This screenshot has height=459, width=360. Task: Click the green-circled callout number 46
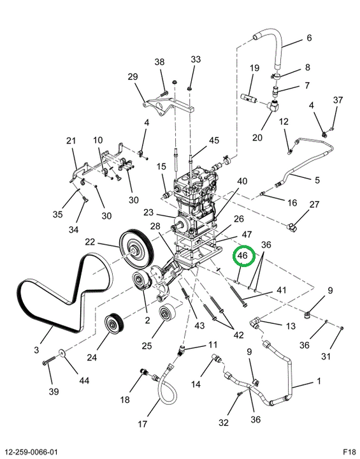[x=242, y=255]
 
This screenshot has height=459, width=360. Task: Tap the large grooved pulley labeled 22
[x=136, y=249]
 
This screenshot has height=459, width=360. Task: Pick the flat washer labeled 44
[x=62, y=352]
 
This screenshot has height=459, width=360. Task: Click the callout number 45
[x=214, y=140]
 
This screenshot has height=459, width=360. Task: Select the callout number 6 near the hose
[x=309, y=38]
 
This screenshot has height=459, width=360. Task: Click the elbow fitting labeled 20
[x=273, y=105]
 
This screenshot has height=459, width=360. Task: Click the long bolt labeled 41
[x=239, y=296]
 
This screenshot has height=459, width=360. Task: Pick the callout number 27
[x=314, y=205]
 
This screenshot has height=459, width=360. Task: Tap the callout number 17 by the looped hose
[x=142, y=423]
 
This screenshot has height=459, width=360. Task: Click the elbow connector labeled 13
[x=255, y=323]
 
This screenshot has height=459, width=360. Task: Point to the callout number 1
[x=319, y=381]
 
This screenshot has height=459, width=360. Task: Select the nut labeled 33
[x=189, y=88]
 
